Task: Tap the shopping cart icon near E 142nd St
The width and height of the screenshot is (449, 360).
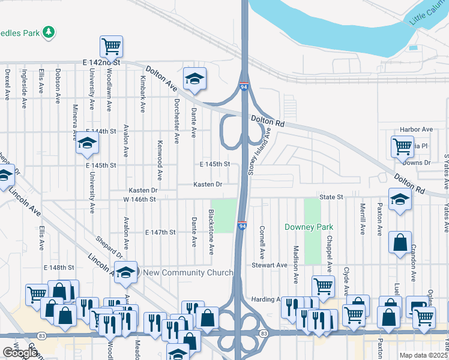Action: coord(111,46)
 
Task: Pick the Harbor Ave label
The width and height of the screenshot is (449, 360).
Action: coord(416,130)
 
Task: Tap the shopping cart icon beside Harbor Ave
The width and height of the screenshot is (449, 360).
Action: coord(402,146)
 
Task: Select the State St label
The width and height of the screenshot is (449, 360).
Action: coord(331,196)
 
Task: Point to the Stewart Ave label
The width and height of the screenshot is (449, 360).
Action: coord(270,265)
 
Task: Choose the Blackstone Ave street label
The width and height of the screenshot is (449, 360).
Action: coord(211,232)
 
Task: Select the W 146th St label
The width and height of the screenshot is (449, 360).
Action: coord(139,199)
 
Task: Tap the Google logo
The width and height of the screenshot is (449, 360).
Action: coord(20,353)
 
